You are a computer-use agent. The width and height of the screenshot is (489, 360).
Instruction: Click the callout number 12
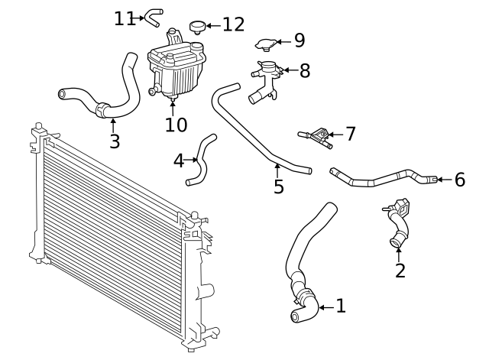point(233,24)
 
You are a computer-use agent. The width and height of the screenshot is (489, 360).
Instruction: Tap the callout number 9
point(300,41)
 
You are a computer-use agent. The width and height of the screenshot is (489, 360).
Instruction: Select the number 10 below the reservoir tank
point(176,125)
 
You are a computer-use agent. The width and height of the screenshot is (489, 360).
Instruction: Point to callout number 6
point(460,180)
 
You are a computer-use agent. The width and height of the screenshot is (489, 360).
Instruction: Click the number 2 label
point(400,271)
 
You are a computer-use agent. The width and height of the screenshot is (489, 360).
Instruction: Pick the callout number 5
point(279,186)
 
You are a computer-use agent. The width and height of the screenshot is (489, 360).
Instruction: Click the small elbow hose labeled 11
point(154,18)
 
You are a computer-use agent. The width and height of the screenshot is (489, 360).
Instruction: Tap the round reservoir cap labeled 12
point(198,27)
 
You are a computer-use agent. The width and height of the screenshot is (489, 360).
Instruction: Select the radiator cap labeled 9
point(266,44)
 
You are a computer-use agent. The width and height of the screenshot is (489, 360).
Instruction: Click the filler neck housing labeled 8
point(264,82)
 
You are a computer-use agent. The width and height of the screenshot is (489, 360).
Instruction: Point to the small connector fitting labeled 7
point(316,138)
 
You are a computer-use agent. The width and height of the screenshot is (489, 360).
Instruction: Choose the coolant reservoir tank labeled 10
point(176,66)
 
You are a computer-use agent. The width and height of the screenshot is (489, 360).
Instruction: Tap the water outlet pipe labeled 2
point(397,222)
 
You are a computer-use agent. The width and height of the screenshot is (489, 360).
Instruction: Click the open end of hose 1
point(296,316)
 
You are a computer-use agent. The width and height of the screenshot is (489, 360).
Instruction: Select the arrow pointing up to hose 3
point(113,125)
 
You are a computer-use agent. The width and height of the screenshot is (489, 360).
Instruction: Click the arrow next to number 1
point(326,307)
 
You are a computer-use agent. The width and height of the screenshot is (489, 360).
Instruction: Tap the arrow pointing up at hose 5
point(277,171)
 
